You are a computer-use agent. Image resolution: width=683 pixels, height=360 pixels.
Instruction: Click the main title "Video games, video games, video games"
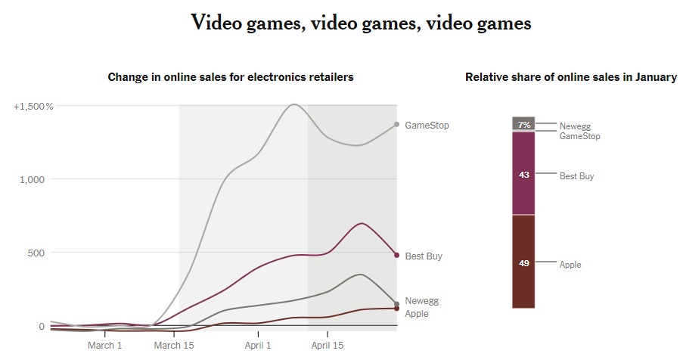click(362, 23)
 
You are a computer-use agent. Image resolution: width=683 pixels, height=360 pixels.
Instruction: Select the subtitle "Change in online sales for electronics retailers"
click(231, 77)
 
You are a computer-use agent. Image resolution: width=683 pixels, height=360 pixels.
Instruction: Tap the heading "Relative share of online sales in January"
click(571, 77)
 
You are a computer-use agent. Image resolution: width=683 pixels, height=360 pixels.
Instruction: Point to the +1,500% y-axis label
click(33, 107)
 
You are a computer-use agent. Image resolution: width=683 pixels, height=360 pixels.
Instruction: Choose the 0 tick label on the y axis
click(42, 326)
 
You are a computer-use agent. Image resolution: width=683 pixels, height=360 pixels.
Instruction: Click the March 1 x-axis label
click(104, 346)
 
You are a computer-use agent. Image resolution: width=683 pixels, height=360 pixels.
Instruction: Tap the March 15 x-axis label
click(174, 346)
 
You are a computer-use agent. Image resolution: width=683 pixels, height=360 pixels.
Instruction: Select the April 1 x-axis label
click(259, 346)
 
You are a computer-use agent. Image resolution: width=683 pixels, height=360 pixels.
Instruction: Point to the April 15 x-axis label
click(328, 346)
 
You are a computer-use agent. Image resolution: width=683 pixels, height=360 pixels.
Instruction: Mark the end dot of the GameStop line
click(396, 124)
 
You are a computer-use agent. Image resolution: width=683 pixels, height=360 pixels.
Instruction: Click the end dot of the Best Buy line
click(396, 255)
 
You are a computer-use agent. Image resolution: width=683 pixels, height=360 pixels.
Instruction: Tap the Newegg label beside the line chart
click(421, 301)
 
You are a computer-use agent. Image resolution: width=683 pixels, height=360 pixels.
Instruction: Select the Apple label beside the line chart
click(417, 314)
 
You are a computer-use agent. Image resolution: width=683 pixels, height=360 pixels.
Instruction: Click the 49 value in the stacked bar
click(523, 265)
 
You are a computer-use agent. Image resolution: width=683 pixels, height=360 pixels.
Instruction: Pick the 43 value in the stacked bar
click(523, 175)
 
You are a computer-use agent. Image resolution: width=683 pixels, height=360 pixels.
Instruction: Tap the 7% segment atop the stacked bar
click(523, 124)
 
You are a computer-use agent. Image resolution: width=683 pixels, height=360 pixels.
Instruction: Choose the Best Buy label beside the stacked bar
click(576, 176)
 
